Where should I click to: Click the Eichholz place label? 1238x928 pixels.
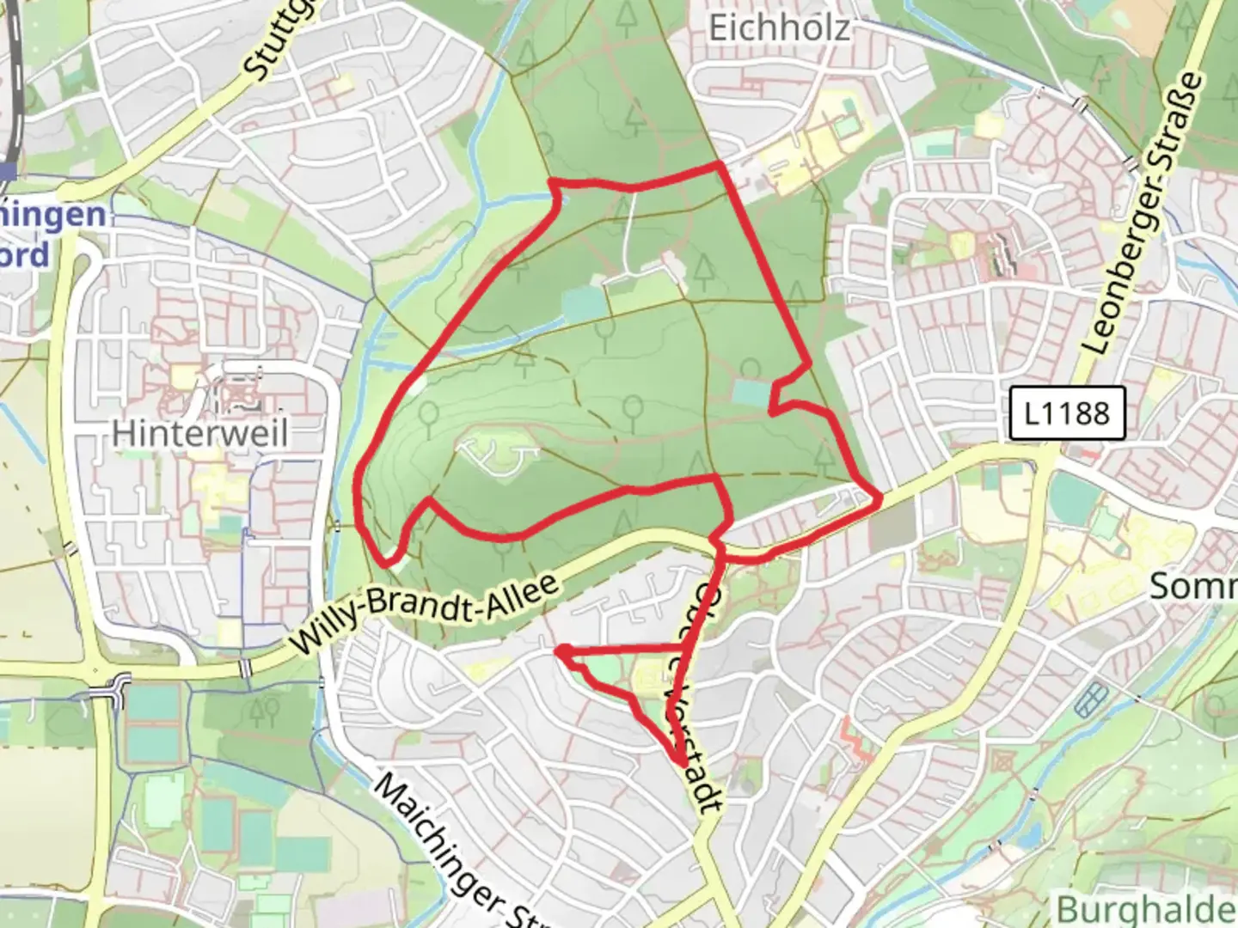pos(780,27)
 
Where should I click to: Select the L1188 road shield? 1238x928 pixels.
pos(1067,413)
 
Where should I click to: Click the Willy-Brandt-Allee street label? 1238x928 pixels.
pos(426,615)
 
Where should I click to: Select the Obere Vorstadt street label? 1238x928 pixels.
pos(692,696)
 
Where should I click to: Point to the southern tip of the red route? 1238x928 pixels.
pos(681,763)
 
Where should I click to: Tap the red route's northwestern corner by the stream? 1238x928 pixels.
pos(552,181)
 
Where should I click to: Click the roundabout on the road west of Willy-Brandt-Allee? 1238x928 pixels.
pos(115,687)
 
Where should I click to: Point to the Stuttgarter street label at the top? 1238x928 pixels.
pos(271,43)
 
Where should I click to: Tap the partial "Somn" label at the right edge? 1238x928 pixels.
pos(1193,586)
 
